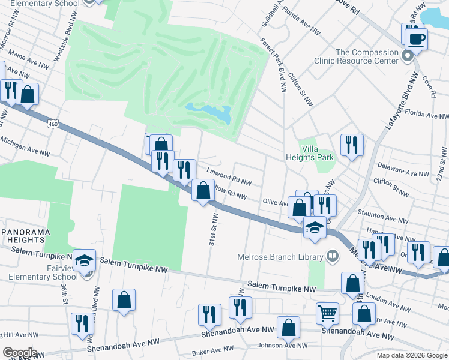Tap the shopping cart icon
pyautogui.click(x=327, y=313)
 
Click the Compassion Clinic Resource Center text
pyautogui.click(x=359, y=56)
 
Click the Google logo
pyautogui.click(x=20, y=352)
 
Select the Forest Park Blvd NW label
pyautogui.click(x=273, y=65)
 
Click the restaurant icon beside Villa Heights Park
pyautogui.click(x=352, y=145)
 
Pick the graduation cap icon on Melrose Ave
pyautogui.click(x=314, y=228)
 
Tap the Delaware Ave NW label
pyautogui.click(x=403, y=170)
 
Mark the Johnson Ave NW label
pyautogui.click(x=282, y=346)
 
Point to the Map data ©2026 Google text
pyautogui.click(x=411, y=355)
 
